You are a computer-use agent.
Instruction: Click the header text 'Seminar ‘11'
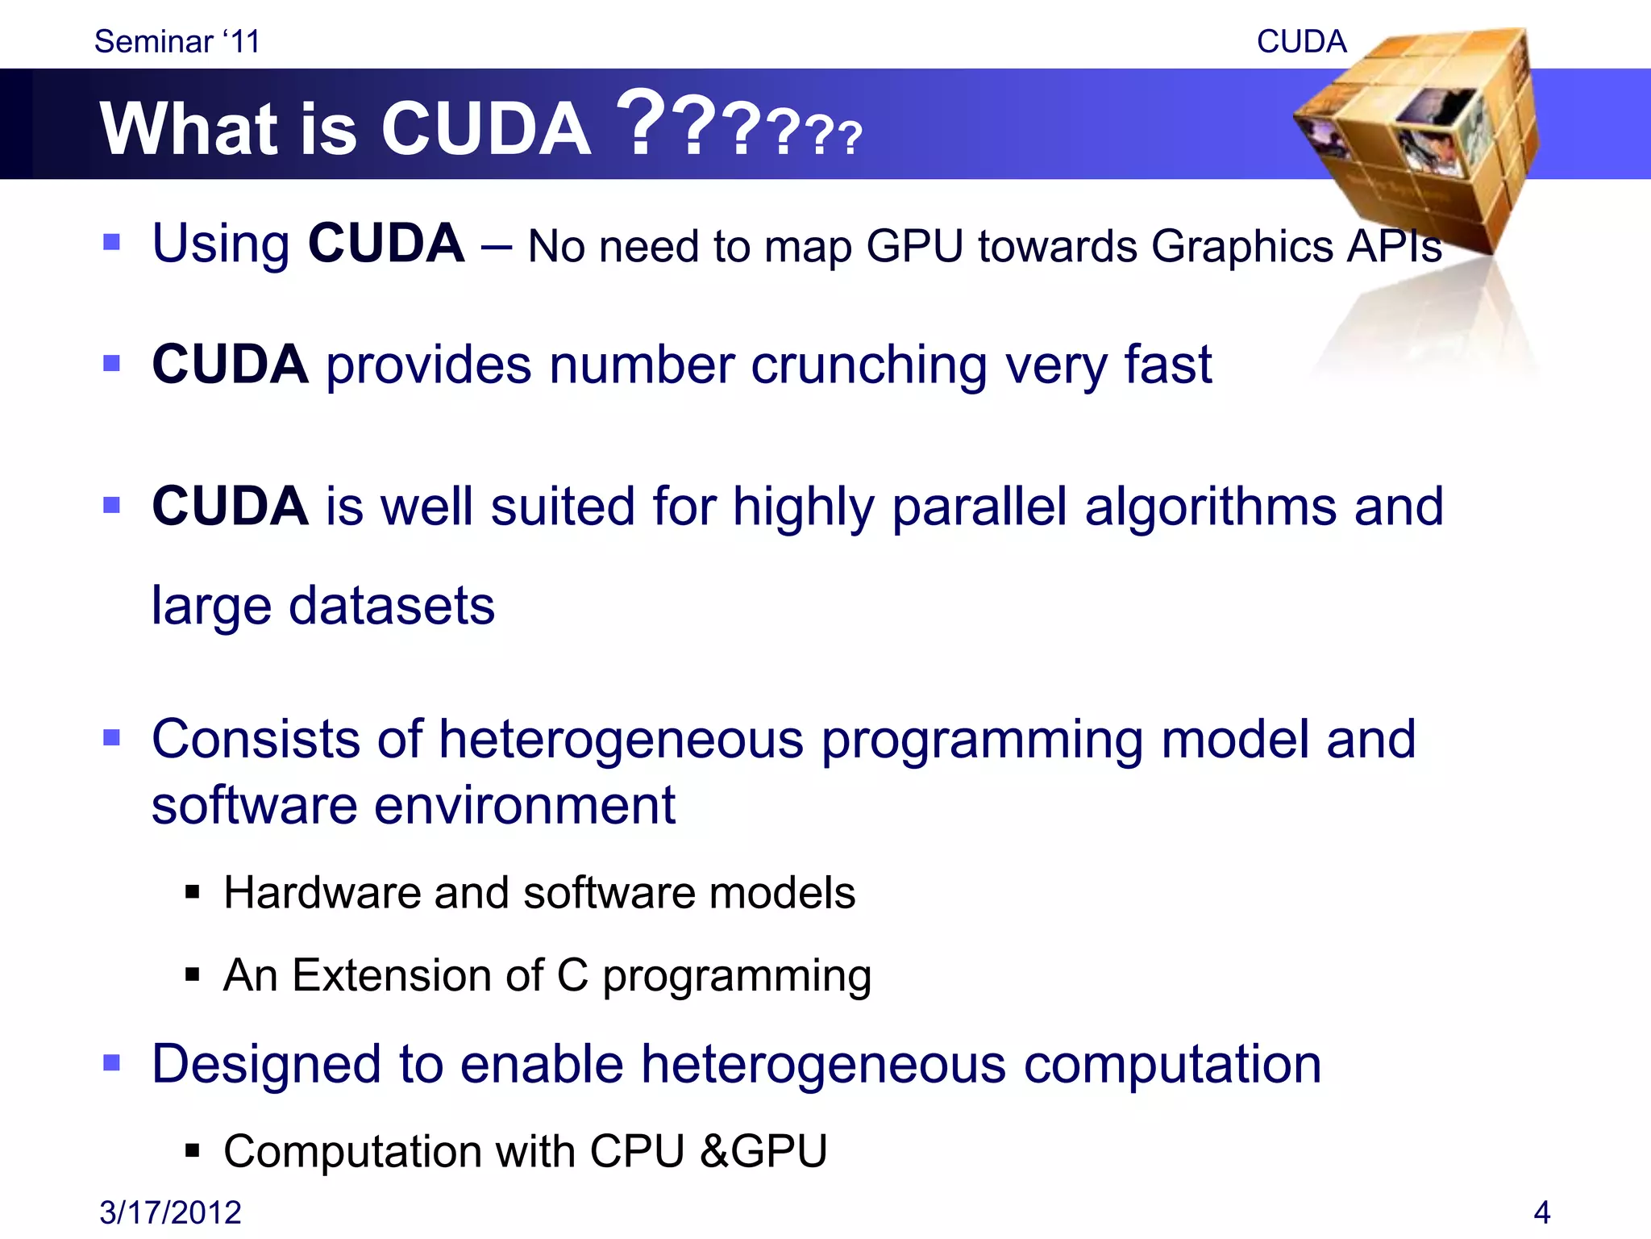point(177,42)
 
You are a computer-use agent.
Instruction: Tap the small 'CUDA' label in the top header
point(1301,42)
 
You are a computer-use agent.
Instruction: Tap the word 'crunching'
point(869,365)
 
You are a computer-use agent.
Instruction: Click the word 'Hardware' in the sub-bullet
point(321,893)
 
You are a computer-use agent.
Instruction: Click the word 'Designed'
point(266,1064)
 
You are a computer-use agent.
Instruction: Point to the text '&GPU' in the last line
point(763,1151)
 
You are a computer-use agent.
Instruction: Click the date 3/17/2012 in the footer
point(170,1212)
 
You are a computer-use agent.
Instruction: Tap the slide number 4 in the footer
point(1541,1212)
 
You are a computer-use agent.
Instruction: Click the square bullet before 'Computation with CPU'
point(192,1151)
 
